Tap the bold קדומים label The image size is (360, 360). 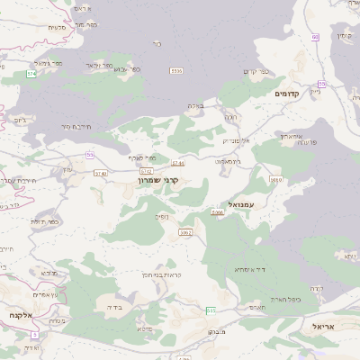(292, 93)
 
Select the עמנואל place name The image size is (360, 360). (244, 204)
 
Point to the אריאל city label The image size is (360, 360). (329, 326)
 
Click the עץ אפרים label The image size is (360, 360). (43, 294)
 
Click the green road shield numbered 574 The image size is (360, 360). (31, 74)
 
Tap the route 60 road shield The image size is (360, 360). (316, 37)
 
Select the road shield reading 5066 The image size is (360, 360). (217, 213)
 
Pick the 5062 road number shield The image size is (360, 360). (185, 232)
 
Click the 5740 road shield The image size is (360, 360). (100, 173)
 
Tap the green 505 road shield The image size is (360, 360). (211, 310)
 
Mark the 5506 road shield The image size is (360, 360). (176, 70)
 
